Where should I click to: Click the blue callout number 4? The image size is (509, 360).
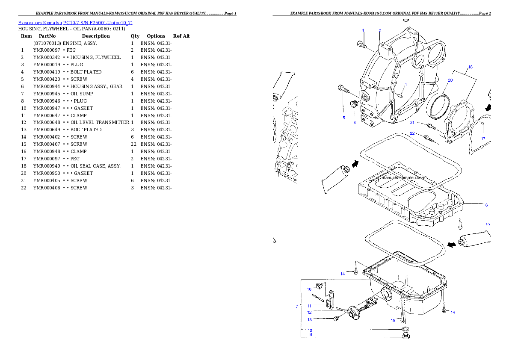click(x=363, y=30)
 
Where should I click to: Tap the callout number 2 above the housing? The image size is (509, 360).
click(x=380, y=31)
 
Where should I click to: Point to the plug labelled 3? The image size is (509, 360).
click(x=354, y=104)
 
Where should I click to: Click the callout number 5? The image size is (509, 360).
click(x=343, y=118)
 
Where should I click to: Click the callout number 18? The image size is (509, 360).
click(x=470, y=67)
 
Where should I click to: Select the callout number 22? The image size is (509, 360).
click(x=412, y=133)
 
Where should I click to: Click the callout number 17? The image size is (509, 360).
click(x=483, y=139)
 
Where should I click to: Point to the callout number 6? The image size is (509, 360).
click(x=486, y=205)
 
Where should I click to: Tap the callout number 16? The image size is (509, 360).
click(x=309, y=289)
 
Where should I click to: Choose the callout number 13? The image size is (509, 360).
click(x=309, y=319)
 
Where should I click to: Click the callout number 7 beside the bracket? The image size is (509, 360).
click(x=296, y=307)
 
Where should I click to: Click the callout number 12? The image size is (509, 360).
click(x=309, y=313)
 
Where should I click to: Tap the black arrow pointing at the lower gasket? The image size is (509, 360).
click(x=450, y=244)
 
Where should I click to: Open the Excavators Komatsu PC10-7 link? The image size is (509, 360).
click(x=75, y=23)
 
